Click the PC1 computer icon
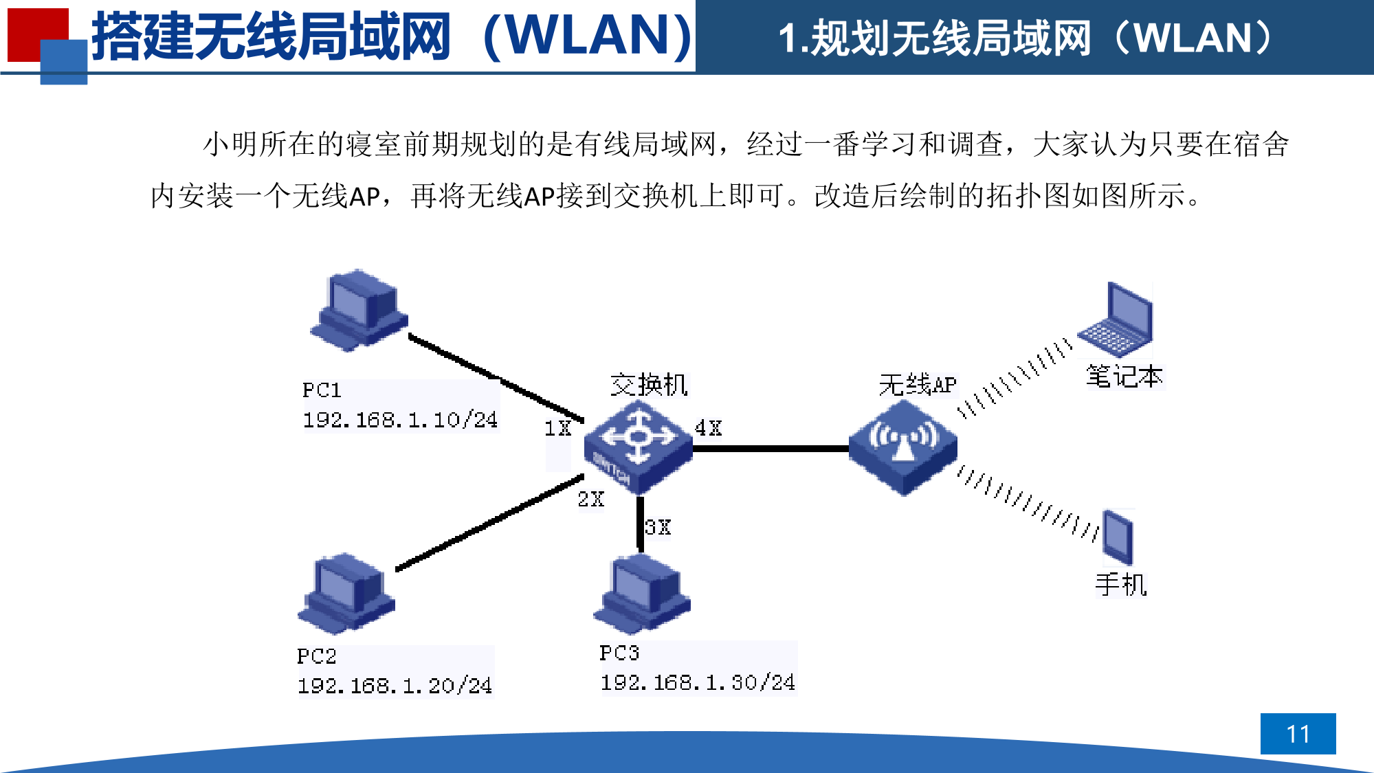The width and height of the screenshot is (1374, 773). click(359, 311)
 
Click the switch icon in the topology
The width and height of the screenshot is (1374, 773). click(638, 447)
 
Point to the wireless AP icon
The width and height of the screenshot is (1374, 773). click(902, 447)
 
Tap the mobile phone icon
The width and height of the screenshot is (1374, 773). click(1118, 537)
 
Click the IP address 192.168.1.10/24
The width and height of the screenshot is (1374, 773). click(400, 420)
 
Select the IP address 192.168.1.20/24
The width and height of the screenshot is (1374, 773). click(395, 686)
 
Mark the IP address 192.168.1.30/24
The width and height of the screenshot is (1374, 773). click(698, 682)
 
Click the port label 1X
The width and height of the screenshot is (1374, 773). click(557, 429)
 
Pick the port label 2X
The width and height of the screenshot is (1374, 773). click(590, 500)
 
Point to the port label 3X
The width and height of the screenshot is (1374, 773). click(657, 528)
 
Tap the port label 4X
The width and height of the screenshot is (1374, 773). click(708, 428)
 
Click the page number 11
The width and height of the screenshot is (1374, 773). click(1298, 734)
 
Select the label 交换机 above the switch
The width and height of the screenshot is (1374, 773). click(649, 385)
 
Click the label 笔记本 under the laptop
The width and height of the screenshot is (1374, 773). click(1124, 377)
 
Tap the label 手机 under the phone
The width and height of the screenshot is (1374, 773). click(1121, 585)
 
